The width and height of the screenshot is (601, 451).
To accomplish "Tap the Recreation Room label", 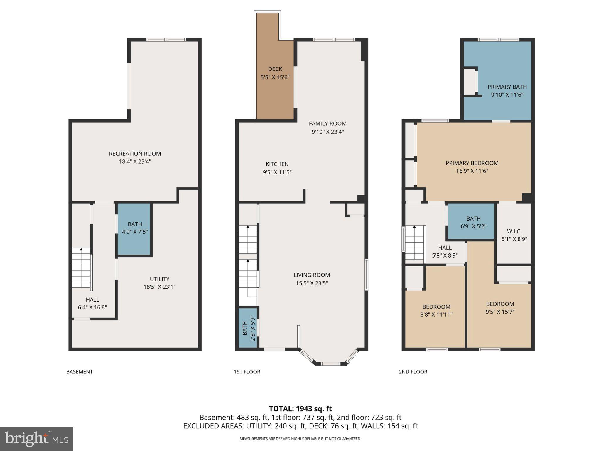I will [x=135, y=154].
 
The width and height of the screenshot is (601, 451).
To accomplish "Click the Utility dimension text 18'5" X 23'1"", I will [x=159, y=287].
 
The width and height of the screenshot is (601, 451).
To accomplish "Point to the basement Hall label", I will [x=92, y=299].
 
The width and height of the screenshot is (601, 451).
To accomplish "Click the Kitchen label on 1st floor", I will [x=277, y=164].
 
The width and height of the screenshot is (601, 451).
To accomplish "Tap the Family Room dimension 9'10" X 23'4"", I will [x=327, y=132].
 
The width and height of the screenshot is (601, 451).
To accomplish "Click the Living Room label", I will [x=312, y=275].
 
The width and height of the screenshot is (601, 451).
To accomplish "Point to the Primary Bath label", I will [x=507, y=87].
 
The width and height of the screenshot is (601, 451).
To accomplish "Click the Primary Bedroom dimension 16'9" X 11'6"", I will [x=472, y=171].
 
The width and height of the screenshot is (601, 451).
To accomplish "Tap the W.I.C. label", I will [x=514, y=231].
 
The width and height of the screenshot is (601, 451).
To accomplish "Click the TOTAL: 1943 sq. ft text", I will [x=300, y=409].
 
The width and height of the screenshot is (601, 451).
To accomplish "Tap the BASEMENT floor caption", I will [x=80, y=372].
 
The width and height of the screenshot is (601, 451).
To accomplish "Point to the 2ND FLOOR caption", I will [x=413, y=372].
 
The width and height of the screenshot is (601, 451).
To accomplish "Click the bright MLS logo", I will [x=37, y=439].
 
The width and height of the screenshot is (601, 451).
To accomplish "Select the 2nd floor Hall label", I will [x=445, y=248].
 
